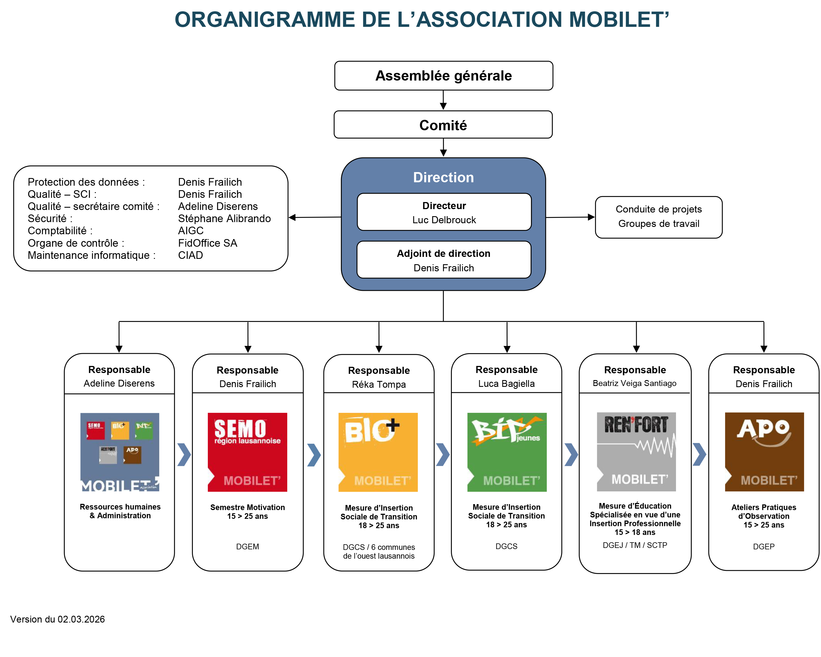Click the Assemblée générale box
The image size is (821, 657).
(x=443, y=76)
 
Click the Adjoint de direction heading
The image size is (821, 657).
(x=443, y=253)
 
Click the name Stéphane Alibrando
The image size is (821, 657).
(x=224, y=218)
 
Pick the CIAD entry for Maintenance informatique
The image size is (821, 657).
(x=190, y=255)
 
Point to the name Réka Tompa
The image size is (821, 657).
(x=379, y=385)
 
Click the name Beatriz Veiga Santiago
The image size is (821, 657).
(x=634, y=383)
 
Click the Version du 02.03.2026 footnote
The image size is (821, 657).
(x=57, y=619)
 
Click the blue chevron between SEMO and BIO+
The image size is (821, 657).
(x=314, y=455)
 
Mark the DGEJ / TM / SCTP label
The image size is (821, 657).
(x=635, y=545)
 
